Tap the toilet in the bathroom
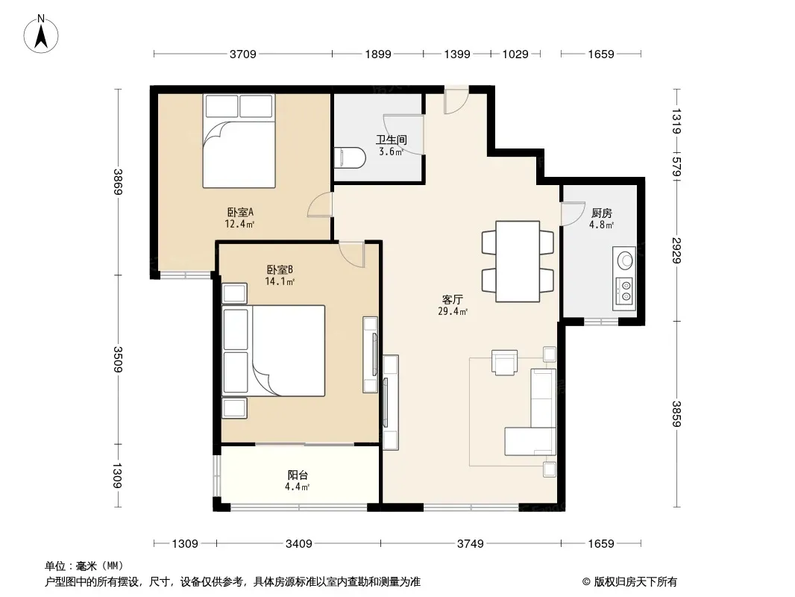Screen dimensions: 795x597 pos(350,157)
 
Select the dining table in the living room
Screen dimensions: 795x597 pos(517,261)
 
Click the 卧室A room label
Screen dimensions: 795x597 pos(240,212)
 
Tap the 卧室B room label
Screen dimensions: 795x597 pos(280,270)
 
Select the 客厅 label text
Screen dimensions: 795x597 pos(452,300)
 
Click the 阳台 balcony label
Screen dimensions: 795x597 pos(298,475)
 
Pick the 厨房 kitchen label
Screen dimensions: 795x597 pos(601,213)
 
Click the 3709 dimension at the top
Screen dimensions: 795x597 pos(243,54)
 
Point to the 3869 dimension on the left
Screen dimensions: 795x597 pos(118,181)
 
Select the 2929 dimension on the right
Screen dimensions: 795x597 pos(676,251)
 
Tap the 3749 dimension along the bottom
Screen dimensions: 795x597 pos(471,544)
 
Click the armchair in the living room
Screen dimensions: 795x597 pos(504,363)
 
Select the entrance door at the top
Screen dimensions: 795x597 pos(456,100)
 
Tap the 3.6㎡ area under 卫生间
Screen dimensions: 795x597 pos(391,151)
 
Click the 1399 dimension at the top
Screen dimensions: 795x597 pos(457,54)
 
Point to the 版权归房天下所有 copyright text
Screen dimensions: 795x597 pos(635,582)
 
